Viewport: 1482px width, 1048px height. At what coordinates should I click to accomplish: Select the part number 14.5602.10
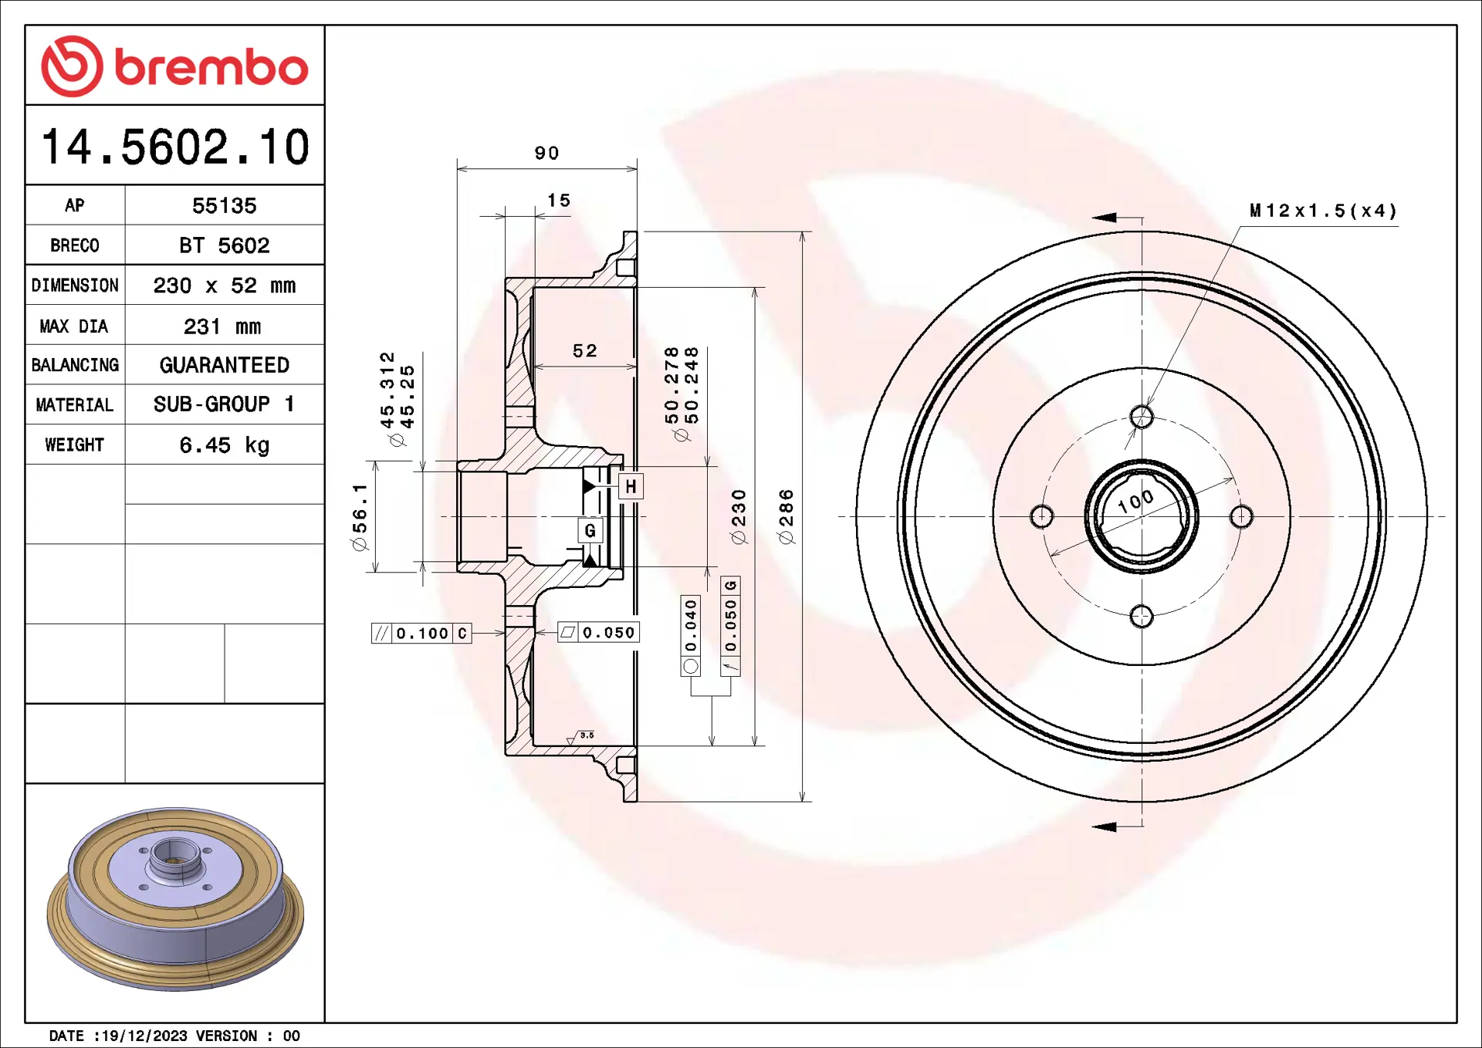click(x=175, y=147)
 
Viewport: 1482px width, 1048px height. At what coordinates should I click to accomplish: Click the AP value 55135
click(x=224, y=206)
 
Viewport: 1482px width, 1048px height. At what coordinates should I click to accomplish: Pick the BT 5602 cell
click(x=224, y=245)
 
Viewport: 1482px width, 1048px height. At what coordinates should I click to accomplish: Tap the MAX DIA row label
click(x=74, y=326)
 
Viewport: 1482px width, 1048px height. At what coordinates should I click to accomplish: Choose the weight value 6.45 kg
click(x=224, y=445)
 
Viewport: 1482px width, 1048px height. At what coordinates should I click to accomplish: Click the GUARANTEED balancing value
click(x=224, y=365)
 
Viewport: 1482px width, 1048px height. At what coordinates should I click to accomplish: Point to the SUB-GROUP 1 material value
click(x=224, y=404)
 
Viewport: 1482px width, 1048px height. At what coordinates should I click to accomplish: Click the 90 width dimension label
click(x=546, y=153)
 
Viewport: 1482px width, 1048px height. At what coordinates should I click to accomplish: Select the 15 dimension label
click(x=559, y=201)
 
